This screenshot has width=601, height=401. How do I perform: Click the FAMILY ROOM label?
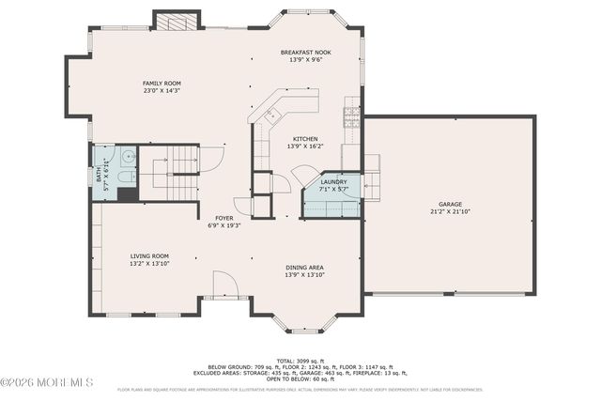[x=162, y=83]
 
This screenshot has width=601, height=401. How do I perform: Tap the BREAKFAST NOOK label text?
[x=305, y=52]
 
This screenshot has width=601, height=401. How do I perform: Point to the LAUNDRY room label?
[x=333, y=181]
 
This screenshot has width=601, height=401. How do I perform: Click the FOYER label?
[x=223, y=218]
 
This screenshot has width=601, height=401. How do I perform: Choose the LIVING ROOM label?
[x=149, y=255]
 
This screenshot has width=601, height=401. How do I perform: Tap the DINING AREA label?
[x=305, y=268]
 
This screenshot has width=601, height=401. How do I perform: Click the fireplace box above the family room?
[x=177, y=21]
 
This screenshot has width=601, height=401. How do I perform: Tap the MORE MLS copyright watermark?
[x=47, y=381]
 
